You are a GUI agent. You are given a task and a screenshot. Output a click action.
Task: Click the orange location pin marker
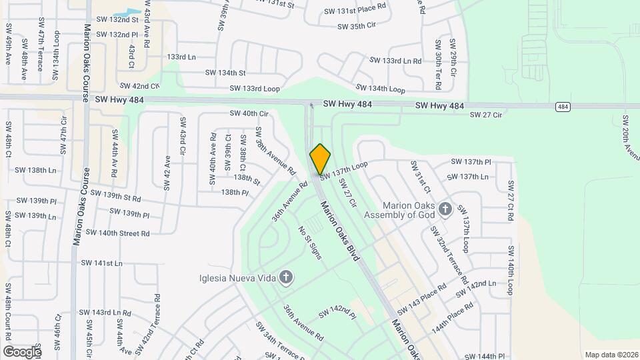point(321,159)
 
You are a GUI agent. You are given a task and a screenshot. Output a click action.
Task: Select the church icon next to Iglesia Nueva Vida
point(286,277)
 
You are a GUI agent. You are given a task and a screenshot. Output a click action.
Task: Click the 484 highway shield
point(563,107)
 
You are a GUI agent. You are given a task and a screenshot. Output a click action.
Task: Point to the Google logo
point(21,351)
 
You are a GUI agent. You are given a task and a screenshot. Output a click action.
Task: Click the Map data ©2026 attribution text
point(611,355)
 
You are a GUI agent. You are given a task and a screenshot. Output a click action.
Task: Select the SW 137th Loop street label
point(344,169)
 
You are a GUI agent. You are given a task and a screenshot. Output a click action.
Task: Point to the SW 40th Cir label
point(249,113)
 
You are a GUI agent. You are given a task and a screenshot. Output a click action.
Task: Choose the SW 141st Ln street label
point(99,263)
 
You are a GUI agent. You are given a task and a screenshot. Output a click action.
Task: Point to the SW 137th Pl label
point(471,162)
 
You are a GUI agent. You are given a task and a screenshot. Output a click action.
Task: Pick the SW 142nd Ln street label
point(477,289)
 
